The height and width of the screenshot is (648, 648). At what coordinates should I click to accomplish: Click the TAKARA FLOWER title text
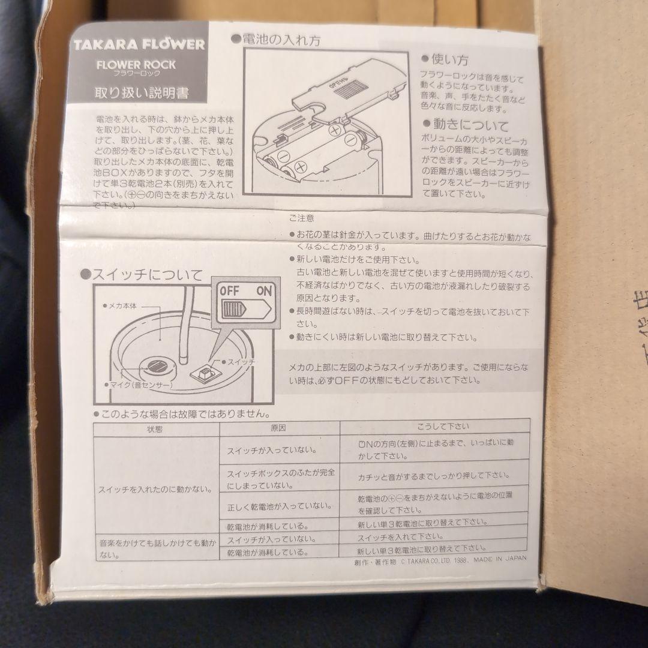point(139,45)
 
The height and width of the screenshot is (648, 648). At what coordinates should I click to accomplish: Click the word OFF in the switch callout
point(229,291)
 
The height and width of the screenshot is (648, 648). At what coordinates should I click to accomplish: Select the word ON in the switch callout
point(263,291)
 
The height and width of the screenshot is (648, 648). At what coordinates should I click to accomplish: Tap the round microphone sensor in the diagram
point(158,366)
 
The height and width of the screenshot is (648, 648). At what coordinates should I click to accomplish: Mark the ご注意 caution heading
point(301,218)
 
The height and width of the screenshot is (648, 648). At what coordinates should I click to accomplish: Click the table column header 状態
point(155,428)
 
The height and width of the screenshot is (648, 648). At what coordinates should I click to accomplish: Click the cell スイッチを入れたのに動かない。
point(155,489)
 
